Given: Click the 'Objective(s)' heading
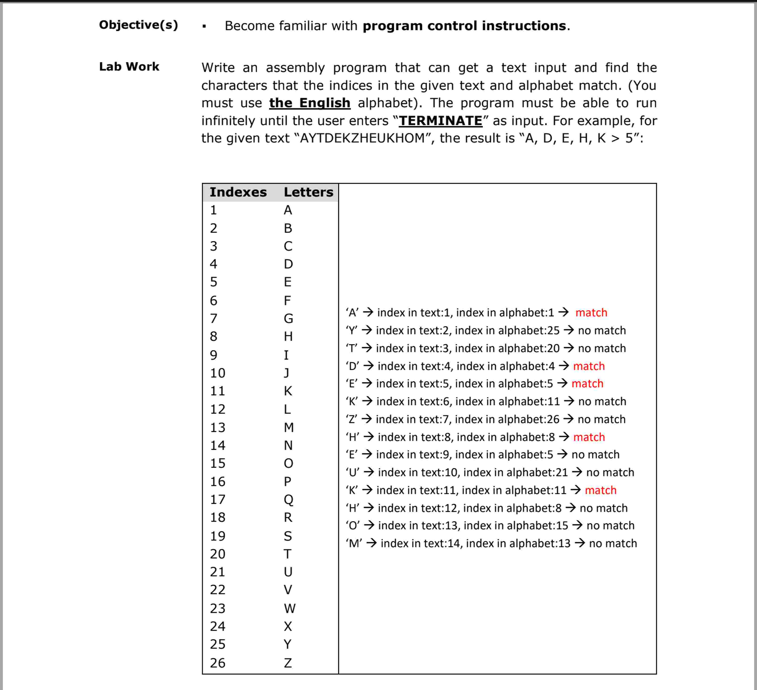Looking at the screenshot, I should (138, 25).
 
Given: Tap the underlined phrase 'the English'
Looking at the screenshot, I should (310, 103).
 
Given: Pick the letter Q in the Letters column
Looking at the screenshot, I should (288, 499).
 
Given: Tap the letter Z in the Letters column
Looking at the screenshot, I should (288, 663).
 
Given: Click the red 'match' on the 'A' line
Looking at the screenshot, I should (591, 313).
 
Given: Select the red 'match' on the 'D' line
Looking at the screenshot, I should (589, 366).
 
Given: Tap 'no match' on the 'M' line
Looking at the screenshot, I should (613, 543).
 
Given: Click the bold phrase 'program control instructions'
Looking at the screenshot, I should (464, 26).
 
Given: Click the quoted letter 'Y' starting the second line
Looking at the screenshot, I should (351, 331).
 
